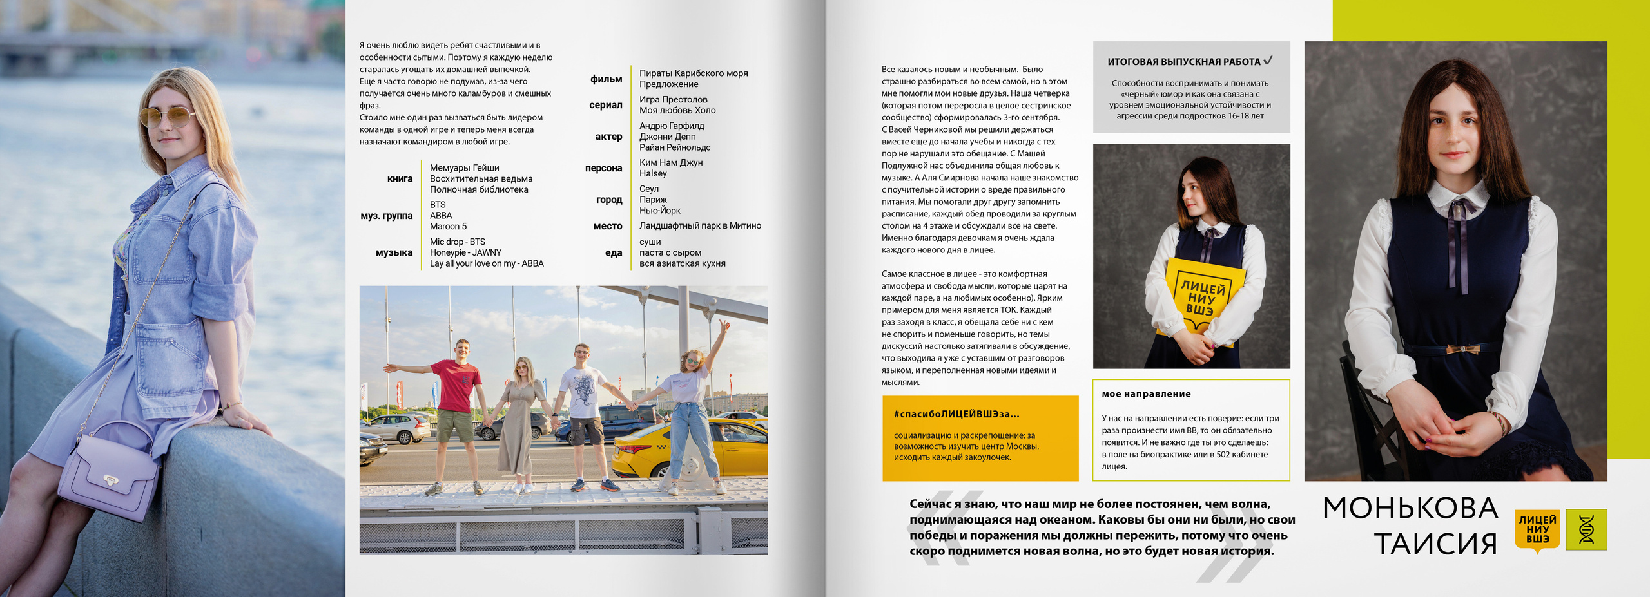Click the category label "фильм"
tap(606, 79)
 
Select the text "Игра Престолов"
tap(673, 100)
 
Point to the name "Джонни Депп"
tap(667, 137)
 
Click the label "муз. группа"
tap(386, 216)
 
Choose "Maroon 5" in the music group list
tap(448, 227)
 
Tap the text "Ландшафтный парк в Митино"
tap(700, 226)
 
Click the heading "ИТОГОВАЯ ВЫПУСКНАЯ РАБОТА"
tap(1183, 62)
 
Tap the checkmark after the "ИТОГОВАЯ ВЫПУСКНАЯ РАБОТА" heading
tap(1268, 61)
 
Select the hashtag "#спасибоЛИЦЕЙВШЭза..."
tap(956, 414)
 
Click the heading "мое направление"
tap(1146, 394)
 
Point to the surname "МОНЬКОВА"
tap(1410, 508)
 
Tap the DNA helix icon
tap(1587, 530)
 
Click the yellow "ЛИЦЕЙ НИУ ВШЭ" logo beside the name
tap(1537, 530)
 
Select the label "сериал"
tap(605, 105)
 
